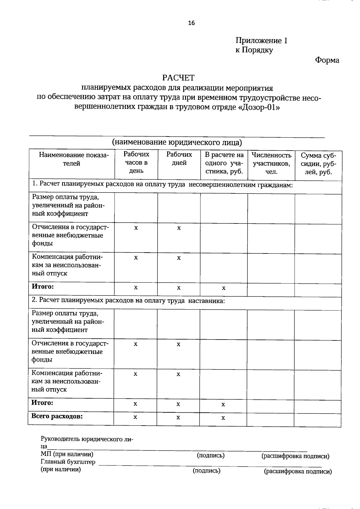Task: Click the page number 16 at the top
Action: pyautogui.click(x=191, y=23)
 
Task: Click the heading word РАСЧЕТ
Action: pyautogui.click(x=178, y=78)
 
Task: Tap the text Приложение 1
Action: pyautogui.click(x=261, y=40)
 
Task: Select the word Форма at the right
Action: pyautogui.click(x=327, y=60)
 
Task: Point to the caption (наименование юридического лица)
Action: pyautogui.click(x=177, y=142)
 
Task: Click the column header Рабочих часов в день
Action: pyautogui.click(x=136, y=163)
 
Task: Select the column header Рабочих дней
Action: pyautogui.click(x=179, y=159)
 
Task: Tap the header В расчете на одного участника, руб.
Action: pyautogui.click(x=224, y=163)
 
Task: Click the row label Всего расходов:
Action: pyautogui.click(x=57, y=416)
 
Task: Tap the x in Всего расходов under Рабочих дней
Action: pyautogui.click(x=178, y=418)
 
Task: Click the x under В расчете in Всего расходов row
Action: pyautogui.click(x=223, y=418)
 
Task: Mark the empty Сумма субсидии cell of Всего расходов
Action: pyautogui.click(x=317, y=419)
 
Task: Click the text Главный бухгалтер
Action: pyautogui.click(x=68, y=462)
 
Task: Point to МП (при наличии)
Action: pyautogui.click(x=67, y=454)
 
